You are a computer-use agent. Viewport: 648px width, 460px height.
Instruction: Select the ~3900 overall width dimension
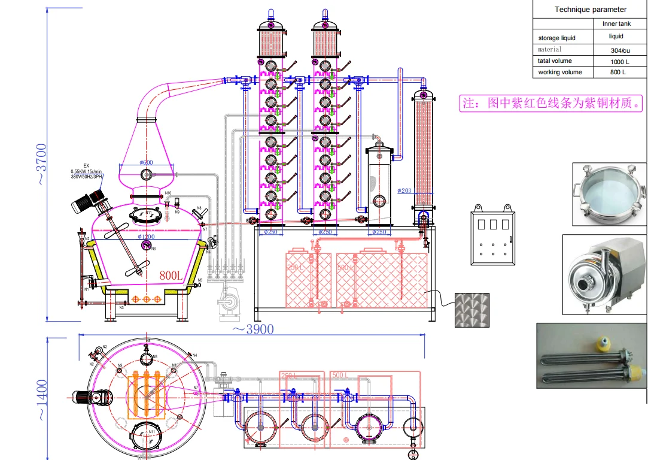point(252,329)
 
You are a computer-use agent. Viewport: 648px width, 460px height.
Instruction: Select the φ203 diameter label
point(405,191)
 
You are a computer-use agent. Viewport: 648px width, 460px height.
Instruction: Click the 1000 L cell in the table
point(619,61)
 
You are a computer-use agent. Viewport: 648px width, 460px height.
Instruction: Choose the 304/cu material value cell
point(619,50)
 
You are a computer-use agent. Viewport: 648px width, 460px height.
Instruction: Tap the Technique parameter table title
point(590,9)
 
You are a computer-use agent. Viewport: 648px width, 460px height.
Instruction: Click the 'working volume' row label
point(558,72)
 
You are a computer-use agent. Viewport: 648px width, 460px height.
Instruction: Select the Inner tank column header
point(617,24)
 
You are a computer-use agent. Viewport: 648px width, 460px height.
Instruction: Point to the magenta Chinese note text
point(550,103)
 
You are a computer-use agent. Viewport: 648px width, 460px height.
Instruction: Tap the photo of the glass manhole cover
point(609,194)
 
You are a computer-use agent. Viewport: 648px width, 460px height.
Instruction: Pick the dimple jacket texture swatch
point(472,310)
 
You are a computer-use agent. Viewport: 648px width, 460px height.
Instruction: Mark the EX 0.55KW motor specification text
point(86,171)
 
